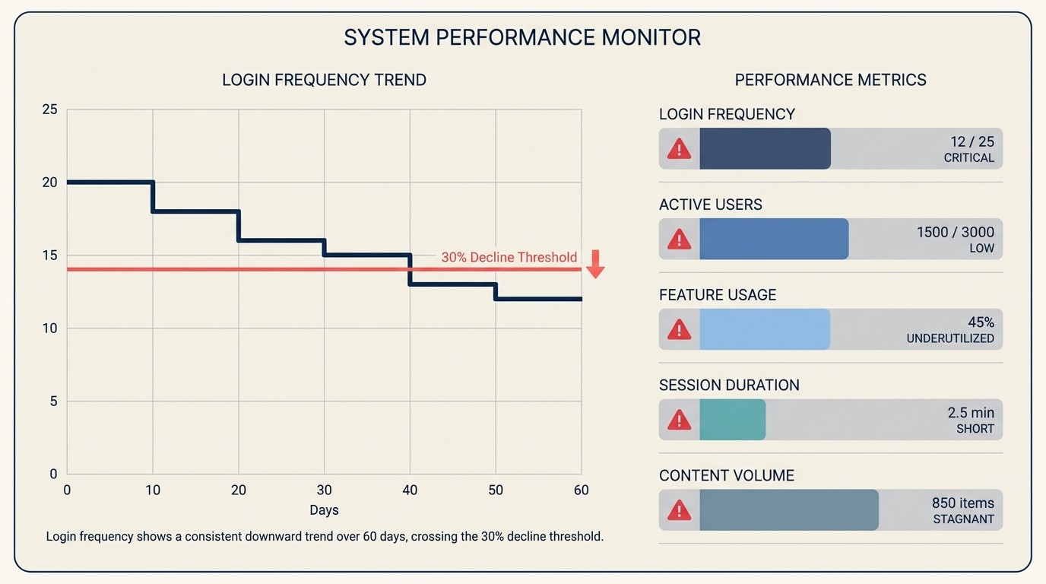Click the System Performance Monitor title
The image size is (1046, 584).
click(522, 37)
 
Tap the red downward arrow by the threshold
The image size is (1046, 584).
click(595, 263)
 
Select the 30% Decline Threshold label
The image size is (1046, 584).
click(509, 257)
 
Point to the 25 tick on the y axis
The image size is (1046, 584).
click(49, 109)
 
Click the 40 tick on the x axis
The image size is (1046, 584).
click(410, 490)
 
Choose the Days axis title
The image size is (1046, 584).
click(324, 509)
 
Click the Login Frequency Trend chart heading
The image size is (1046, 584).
click(324, 80)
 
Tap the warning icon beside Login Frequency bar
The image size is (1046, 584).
click(679, 148)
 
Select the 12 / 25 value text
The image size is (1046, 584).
click(972, 141)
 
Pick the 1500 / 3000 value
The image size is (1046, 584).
click(955, 232)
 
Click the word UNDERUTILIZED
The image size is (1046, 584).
click(950, 338)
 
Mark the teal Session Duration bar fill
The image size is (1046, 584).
click(732, 420)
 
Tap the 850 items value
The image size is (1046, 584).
click(962, 503)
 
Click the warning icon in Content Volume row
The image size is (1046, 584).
click(679, 510)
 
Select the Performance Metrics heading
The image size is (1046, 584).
click(830, 80)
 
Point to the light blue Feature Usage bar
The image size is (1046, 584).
click(764, 329)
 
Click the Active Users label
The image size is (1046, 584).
click(710, 205)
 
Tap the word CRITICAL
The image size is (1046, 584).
click(968, 158)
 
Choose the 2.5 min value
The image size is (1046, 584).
click(970, 412)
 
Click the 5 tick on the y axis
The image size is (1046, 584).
click(53, 401)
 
